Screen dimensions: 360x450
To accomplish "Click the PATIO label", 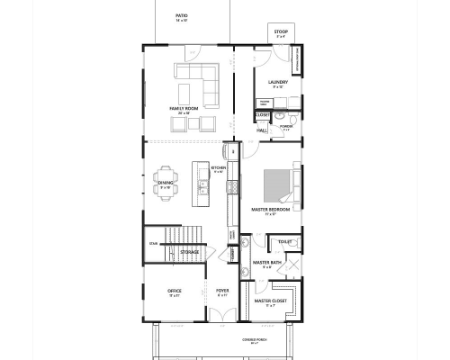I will click(x=182, y=15).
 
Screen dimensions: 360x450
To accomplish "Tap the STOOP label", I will click(x=282, y=32).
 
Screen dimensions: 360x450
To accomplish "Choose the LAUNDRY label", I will click(x=277, y=82).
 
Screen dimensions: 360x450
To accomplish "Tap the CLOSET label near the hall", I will click(x=263, y=115).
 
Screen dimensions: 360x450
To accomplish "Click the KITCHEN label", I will click(x=218, y=167).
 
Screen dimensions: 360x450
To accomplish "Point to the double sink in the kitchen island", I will click(x=203, y=188).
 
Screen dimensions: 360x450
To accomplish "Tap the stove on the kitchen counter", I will click(x=231, y=187).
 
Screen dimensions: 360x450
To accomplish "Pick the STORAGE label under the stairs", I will click(x=190, y=252).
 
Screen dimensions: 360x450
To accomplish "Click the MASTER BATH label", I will click(x=266, y=263).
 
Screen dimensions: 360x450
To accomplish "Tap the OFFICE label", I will click(x=175, y=291).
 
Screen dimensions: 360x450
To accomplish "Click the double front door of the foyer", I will click(x=221, y=314).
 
